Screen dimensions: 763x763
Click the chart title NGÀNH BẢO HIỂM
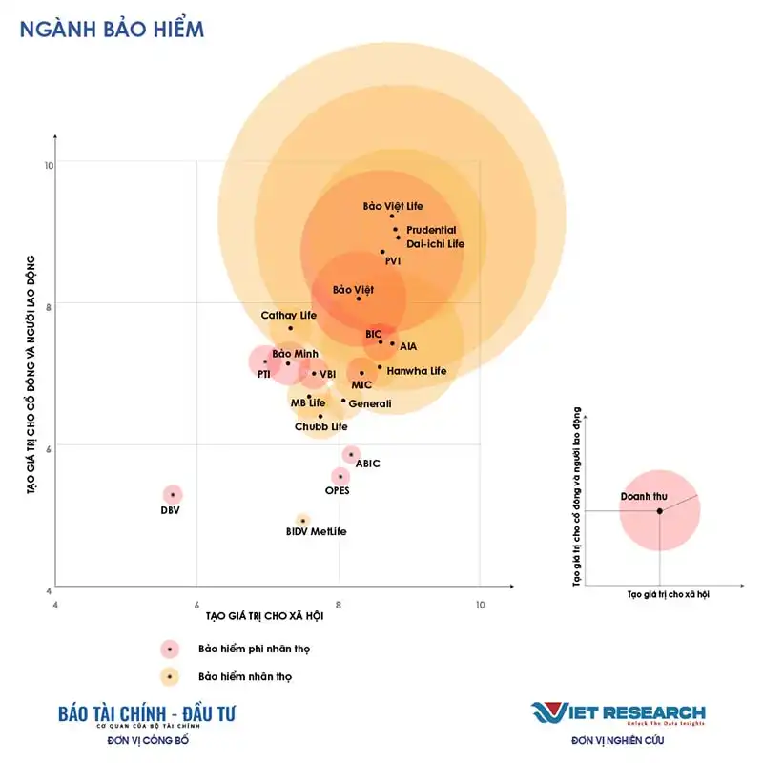click(x=112, y=29)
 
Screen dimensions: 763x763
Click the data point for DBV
click(x=172, y=494)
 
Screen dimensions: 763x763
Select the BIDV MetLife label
click(x=316, y=530)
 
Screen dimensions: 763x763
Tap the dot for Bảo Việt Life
click(x=391, y=217)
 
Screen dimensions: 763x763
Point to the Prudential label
click(x=431, y=230)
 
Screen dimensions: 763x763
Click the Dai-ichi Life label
click(x=435, y=244)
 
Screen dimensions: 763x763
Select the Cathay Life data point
click(x=291, y=328)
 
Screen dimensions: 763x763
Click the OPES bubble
click(x=340, y=476)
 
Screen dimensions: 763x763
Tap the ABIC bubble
click(x=352, y=454)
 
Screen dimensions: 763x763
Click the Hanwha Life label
click(x=416, y=371)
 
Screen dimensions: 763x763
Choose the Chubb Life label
click(x=320, y=426)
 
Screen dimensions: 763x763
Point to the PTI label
click(x=264, y=375)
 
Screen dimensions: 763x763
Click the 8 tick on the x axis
click(x=339, y=605)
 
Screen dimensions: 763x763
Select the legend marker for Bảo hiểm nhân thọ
click(x=170, y=677)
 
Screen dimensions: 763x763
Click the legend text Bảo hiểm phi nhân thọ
click(x=254, y=649)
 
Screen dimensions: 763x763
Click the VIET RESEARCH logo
click(x=618, y=712)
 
